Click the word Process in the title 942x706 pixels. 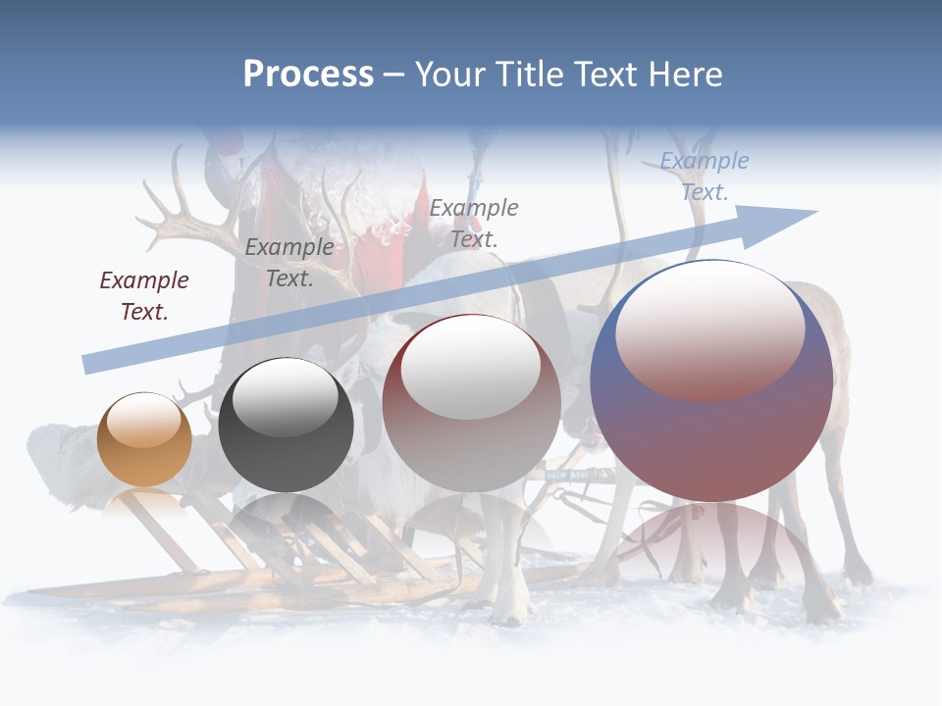point(308,75)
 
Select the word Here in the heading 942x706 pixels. point(684,75)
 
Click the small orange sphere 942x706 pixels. point(144,439)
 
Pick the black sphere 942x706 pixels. point(286,425)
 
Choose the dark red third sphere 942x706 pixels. point(471,404)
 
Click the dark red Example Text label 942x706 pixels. point(144,296)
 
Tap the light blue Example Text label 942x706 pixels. point(705,176)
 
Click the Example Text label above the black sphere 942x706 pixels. point(289,263)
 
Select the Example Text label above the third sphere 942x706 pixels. point(474,223)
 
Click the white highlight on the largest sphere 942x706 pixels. point(709,328)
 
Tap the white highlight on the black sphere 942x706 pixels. point(286,397)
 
